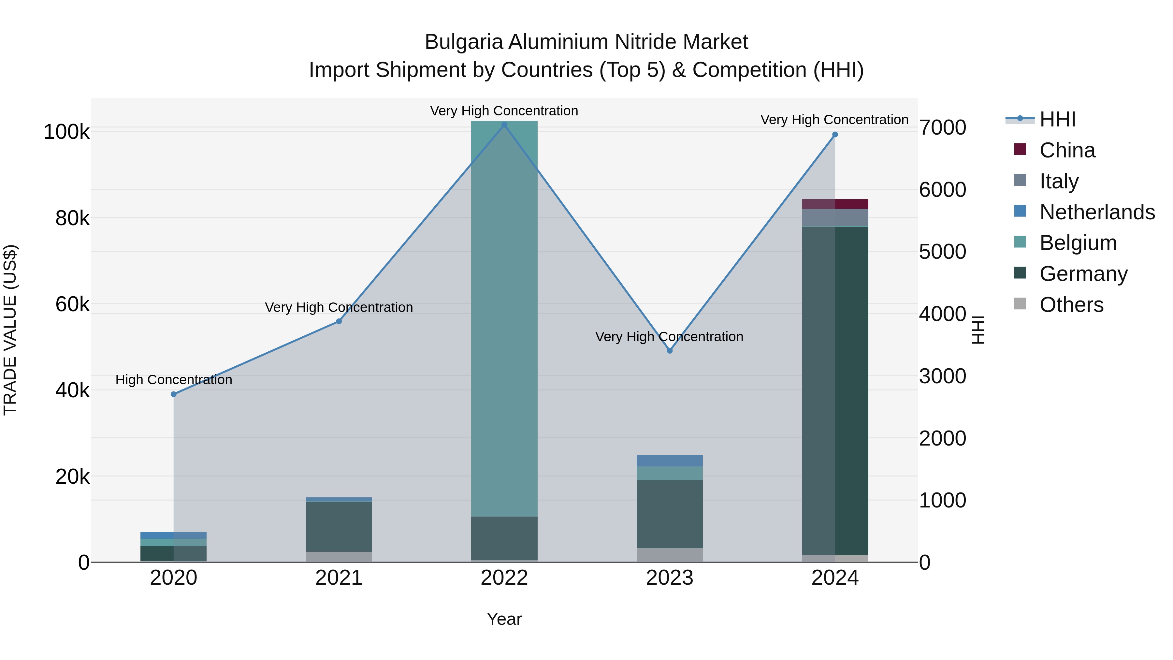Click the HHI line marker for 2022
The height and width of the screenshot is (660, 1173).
click(504, 125)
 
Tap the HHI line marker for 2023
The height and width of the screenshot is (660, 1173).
click(669, 351)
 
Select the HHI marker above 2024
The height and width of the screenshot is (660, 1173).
click(835, 134)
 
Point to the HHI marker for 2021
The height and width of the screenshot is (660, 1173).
click(339, 321)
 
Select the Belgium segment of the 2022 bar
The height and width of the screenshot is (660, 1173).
click(504, 319)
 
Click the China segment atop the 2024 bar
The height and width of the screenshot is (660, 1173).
click(835, 204)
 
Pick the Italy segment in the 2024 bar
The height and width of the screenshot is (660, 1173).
click(835, 217)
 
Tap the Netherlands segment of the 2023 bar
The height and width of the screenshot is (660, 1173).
click(669, 461)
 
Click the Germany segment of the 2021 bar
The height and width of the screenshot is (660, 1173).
click(339, 527)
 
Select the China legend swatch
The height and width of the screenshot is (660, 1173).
click(1020, 149)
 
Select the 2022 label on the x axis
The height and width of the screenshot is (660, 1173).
click(504, 578)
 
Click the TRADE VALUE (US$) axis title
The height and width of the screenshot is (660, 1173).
click(10, 330)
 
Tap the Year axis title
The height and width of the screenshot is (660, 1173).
click(504, 619)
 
